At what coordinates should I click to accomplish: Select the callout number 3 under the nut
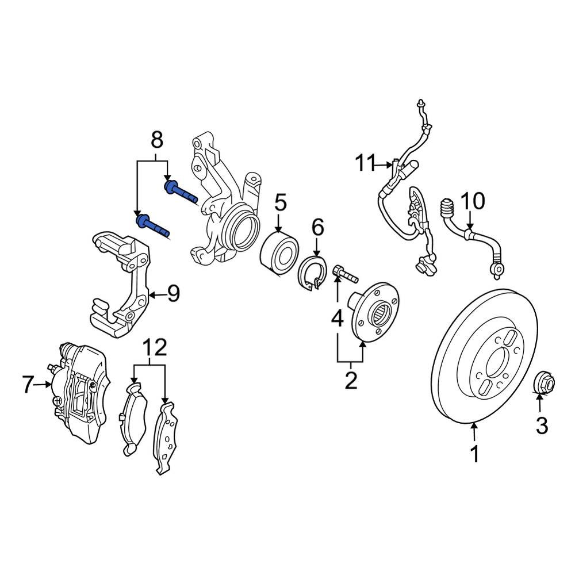[x=542, y=425]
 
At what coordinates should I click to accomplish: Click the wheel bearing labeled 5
[x=278, y=254]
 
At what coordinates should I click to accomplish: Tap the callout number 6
[x=318, y=228]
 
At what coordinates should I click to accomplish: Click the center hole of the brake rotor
[x=496, y=363]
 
